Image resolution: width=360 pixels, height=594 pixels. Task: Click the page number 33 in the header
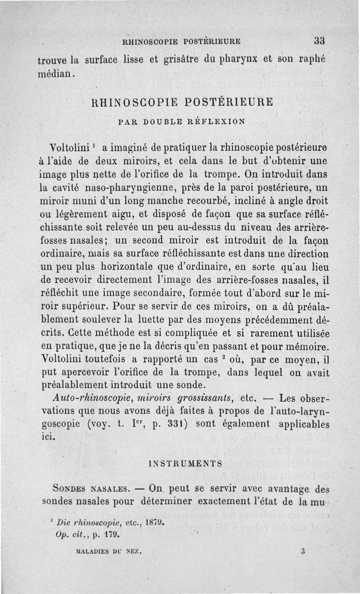click(319, 40)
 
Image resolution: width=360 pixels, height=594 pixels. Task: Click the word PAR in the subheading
click(127, 121)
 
